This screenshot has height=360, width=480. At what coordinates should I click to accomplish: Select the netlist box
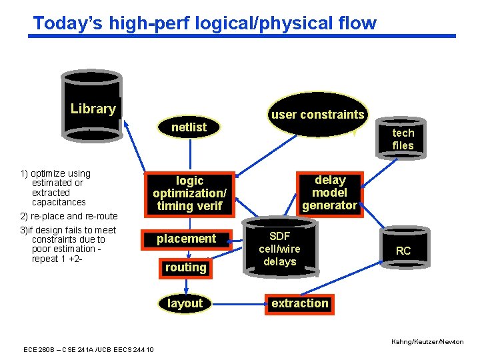189,127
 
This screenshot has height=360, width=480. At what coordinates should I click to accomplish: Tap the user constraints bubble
317,114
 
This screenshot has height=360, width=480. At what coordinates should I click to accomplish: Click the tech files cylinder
403,139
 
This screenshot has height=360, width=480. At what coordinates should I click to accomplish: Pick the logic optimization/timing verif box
189,193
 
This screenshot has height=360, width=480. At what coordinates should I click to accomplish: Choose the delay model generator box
329,193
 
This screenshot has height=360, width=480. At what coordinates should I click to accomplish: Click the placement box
186,239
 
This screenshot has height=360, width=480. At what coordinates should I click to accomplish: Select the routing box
185,267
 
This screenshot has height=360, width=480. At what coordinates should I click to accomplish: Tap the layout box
185,303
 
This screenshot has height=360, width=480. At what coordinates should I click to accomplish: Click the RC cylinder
403,250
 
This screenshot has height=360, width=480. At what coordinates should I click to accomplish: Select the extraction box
299,303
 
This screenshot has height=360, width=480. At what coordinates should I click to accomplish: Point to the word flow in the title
357,23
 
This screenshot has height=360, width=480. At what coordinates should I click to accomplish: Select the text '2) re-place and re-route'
69,216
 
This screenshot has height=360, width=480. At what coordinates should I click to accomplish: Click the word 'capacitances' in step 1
59,202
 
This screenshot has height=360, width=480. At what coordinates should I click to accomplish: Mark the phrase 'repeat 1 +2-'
57,259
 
